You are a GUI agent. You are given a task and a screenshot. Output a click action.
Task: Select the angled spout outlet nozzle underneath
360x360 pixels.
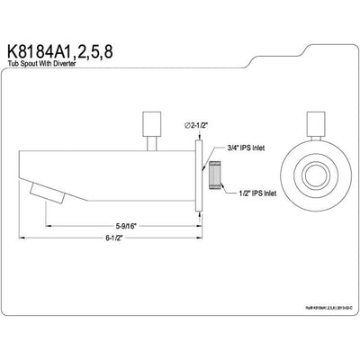point(48,192)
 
